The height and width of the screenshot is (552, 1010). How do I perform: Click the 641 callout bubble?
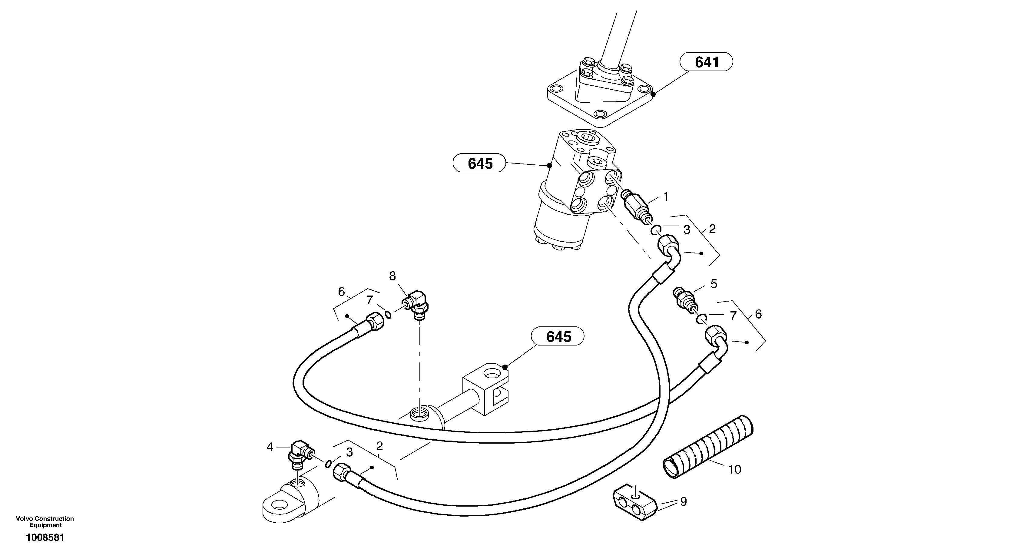(x=707, y=62)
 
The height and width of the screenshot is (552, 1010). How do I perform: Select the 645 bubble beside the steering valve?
(x=479, y=163)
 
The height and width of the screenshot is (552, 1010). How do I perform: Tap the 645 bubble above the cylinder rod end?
(x=558, y=336)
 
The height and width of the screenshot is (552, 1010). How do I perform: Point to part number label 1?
(x=665, y=197)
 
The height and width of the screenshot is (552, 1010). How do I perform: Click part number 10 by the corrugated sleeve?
(x=734, y=469)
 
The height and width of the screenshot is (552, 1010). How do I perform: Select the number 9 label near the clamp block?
(x=684, y=502)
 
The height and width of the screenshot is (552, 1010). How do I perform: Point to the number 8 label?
(x=392, y=276)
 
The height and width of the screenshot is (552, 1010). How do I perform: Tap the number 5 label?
(x=714, y=284)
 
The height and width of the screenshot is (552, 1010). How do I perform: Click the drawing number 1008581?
(x=45, y=537)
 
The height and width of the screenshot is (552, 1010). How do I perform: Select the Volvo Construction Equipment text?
(x=45, y=522)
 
